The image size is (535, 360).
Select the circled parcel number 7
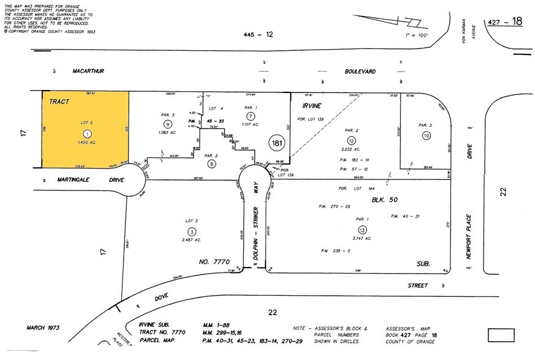click(250, 116)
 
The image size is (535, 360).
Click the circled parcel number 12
click(351, 140)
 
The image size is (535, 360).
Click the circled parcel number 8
click(212, 163)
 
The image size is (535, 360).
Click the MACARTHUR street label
click(88, 71)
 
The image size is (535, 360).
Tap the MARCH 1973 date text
click(43, 328)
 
